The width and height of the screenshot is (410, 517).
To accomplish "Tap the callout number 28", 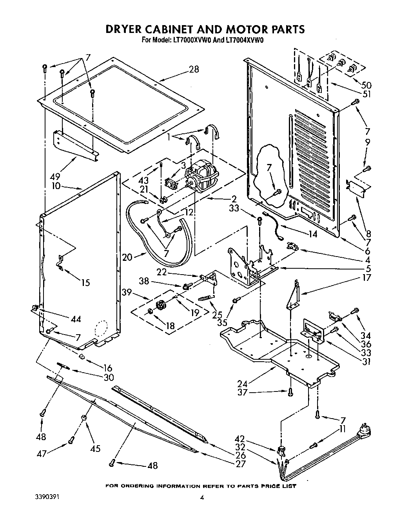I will pos(194,69).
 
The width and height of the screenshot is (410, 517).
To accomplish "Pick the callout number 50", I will pos(366,86).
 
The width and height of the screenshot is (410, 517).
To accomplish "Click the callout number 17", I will pos(366,278).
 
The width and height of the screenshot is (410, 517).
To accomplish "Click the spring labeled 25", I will pos(206,299).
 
